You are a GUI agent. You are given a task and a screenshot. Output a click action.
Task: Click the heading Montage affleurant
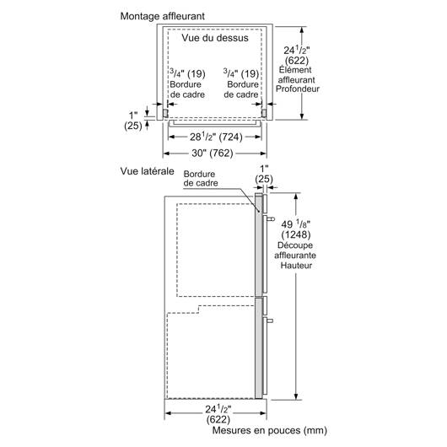[162, 16]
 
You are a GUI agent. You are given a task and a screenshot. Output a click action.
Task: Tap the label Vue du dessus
[215, 38]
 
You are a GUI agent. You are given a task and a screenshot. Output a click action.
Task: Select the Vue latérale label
[147, 171]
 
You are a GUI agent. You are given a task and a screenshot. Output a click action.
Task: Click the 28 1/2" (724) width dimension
[216, 137]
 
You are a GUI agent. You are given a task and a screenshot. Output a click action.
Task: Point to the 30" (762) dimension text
[213, 153]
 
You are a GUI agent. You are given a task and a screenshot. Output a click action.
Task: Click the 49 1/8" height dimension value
[296, 224]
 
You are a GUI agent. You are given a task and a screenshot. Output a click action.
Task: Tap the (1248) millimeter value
[296, 234]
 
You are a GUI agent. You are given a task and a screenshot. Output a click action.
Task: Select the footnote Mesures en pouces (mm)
[269, 430]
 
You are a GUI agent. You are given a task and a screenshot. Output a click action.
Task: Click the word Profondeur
[298, 89]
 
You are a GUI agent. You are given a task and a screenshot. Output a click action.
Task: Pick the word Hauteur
[296, 266]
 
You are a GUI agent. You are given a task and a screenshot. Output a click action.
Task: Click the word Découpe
[295, 245]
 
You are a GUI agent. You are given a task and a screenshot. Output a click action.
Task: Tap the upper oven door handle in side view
[271, 219]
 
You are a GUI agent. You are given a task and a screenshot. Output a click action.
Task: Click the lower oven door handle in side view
[270, 320]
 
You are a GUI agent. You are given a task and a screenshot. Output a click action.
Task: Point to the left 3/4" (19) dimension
[187, 73]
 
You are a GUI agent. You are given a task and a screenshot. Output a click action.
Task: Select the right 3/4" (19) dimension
[241, 73]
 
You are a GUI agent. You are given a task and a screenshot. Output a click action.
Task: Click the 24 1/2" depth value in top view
[297, 50]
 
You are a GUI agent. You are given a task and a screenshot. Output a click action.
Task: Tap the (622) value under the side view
[218, 419]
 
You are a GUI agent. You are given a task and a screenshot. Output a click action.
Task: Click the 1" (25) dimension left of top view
[133, 121]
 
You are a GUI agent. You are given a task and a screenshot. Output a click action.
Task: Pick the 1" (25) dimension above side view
[264, 174]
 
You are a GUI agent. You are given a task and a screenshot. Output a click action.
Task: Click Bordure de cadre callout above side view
[201, 179]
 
